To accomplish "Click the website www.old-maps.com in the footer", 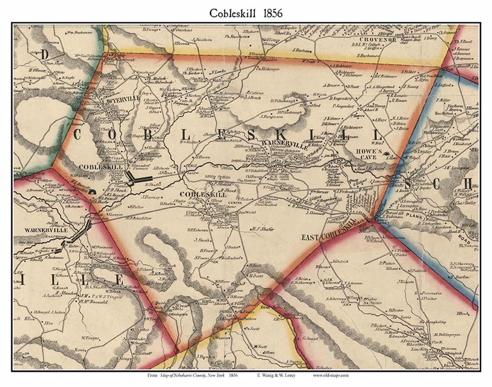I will coord(330,375).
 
